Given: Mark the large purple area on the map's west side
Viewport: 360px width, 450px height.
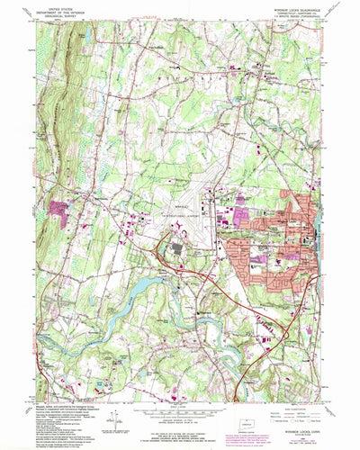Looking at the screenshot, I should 62,209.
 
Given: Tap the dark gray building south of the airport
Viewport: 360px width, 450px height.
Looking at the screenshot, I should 177,246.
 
